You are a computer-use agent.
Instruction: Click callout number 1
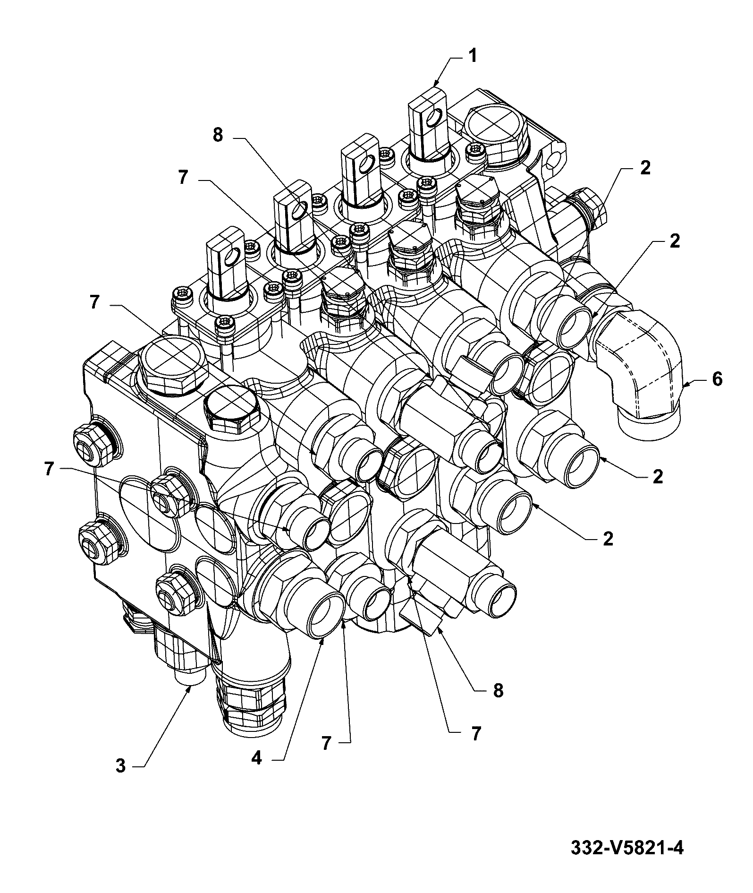pyautogui.click(x=472, y=56)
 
